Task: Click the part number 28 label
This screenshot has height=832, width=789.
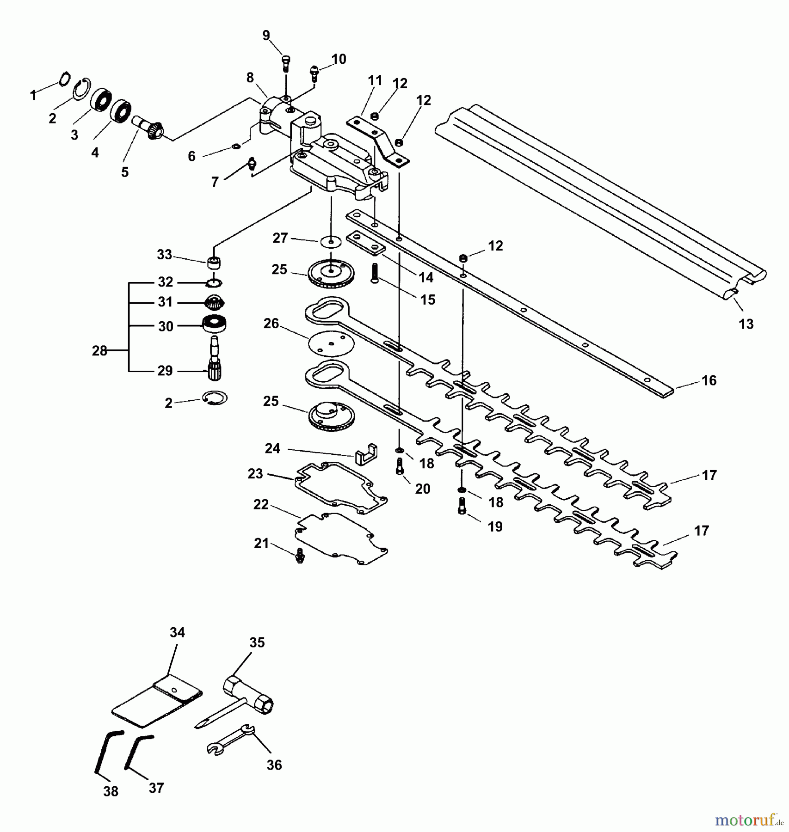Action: (99, 351)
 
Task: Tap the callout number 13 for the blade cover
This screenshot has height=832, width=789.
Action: (746, 324)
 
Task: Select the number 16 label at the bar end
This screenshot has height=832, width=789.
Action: (709, 380)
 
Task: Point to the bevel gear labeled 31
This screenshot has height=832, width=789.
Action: (214, 303)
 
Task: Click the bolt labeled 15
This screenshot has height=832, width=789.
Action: (374, 273)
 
